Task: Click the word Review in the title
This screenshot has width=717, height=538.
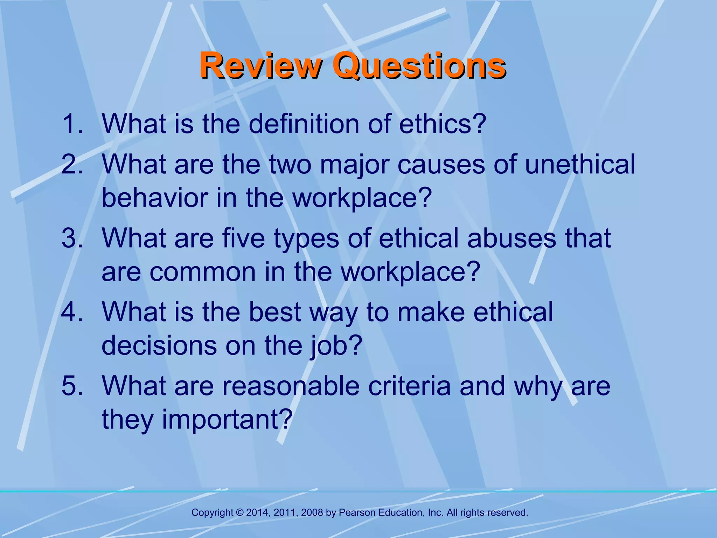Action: (x=260, y=65)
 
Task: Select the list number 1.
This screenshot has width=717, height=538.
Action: (x=72, y=124)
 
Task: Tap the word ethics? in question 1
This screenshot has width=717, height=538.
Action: (x=443, y=124)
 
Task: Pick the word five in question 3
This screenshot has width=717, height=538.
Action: (x=244, y=238)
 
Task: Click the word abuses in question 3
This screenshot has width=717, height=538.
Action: (x=511, y=238)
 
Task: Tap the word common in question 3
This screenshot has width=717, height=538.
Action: (x=203, y=272)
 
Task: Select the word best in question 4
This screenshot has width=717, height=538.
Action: (x=274, y=312)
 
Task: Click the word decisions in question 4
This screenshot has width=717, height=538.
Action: (x=159, y=346)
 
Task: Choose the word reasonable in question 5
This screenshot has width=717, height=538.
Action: (x=291, y=386)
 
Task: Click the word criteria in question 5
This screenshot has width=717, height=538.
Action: (x=409, y=386)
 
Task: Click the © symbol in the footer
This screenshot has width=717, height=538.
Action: (x=240, y=513)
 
